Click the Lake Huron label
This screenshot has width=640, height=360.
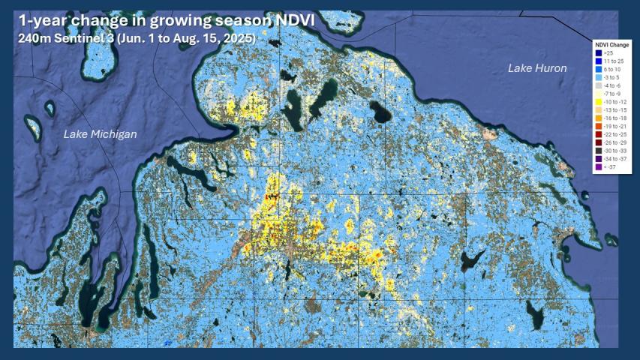pyautogui.click(x=537, y=68)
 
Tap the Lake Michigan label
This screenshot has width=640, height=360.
pyautogui.click(x=101, y=134)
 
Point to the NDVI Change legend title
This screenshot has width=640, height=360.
pyautogui.click(x=611, y=45)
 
